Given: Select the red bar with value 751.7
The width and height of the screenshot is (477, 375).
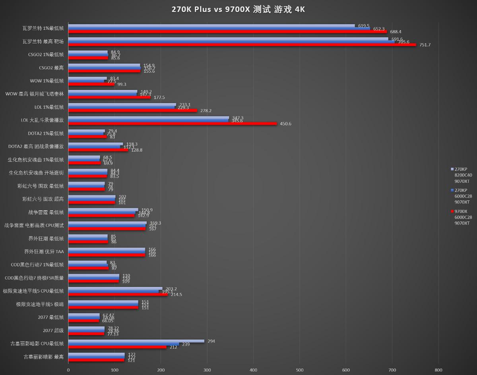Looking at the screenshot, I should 242,45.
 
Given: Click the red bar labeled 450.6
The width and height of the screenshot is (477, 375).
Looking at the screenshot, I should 172,124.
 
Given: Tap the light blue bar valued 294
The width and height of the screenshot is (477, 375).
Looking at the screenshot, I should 136,341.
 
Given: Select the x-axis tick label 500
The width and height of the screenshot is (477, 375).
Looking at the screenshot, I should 300,369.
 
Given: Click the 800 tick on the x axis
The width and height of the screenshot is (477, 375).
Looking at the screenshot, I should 439,369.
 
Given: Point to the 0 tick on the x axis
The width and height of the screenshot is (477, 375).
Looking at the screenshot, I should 68,369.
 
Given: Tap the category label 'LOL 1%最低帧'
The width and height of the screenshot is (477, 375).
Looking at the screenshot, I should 49,107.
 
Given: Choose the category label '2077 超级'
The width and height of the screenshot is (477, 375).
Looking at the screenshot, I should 53,331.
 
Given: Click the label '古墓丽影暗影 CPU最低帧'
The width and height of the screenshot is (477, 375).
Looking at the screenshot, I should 37,344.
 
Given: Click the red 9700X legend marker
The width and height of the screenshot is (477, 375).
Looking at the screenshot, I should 452,211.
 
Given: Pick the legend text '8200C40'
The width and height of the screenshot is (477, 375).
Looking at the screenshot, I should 463,175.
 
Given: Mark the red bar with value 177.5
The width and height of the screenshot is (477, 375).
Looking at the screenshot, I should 109,97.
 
